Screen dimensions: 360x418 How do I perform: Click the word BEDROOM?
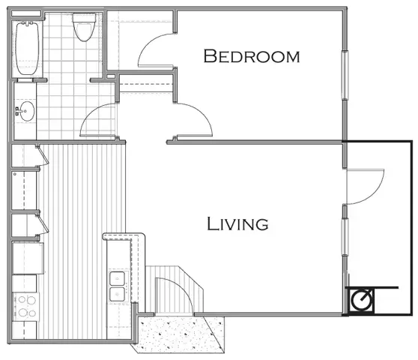(x=252, y=56)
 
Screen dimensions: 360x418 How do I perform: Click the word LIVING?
(x=237, y=223)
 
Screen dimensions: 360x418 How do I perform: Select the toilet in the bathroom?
(x=83, y=28)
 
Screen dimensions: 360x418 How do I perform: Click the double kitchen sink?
(x=118, y=285)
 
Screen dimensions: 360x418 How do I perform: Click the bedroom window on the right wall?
(x=345, y=76)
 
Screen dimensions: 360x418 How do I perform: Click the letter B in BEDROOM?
(x=210, y=56)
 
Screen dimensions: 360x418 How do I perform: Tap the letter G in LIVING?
(x=261, y=223)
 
